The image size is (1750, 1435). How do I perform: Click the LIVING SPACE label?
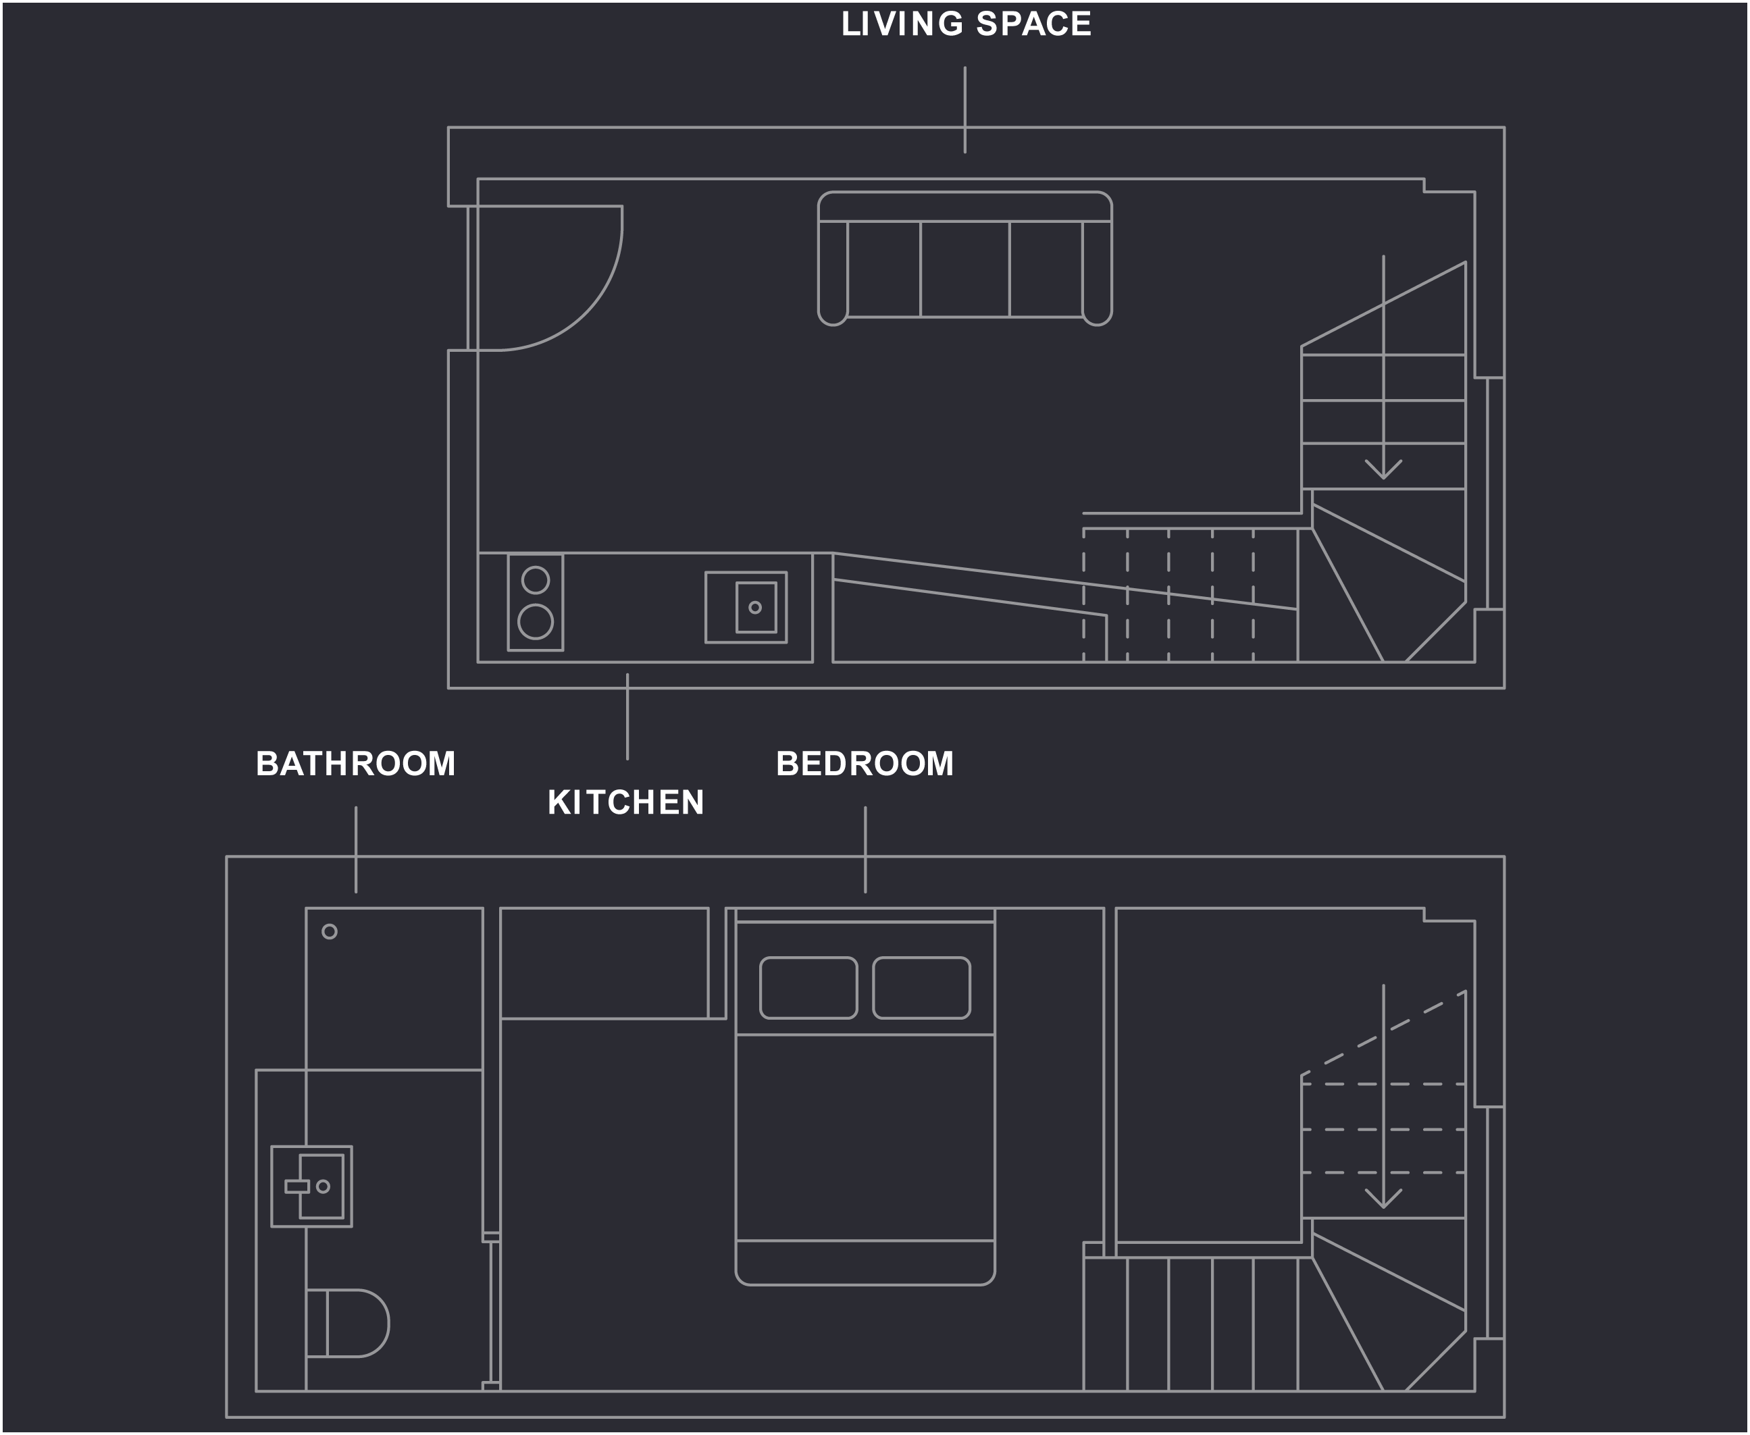click(966, 24)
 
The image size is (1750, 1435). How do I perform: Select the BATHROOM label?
click(355, 764)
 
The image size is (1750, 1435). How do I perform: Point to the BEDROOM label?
click(865, 764)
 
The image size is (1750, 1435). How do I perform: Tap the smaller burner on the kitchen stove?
click(536, 580)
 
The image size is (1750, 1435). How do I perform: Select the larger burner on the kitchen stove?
click(536, 622)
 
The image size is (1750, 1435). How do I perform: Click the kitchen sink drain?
click(754, 608)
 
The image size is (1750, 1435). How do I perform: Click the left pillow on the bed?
click(808, 988)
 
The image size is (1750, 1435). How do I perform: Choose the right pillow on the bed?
click(922, 988)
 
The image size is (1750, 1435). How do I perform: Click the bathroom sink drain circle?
click(324, 1187)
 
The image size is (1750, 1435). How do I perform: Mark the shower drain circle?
click(329, 932)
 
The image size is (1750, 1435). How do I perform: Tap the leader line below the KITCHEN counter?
click(627, 716)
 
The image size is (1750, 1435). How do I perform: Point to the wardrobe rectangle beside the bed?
click(604, 963)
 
